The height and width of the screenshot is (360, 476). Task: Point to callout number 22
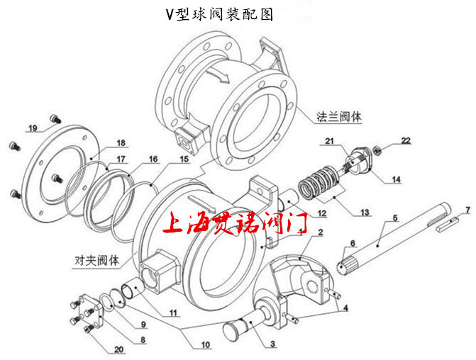(406, 140)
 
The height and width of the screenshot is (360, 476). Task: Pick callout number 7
(467, 210)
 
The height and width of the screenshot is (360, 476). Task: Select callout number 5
(396, 217)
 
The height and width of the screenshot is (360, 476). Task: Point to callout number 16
(154, 158)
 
